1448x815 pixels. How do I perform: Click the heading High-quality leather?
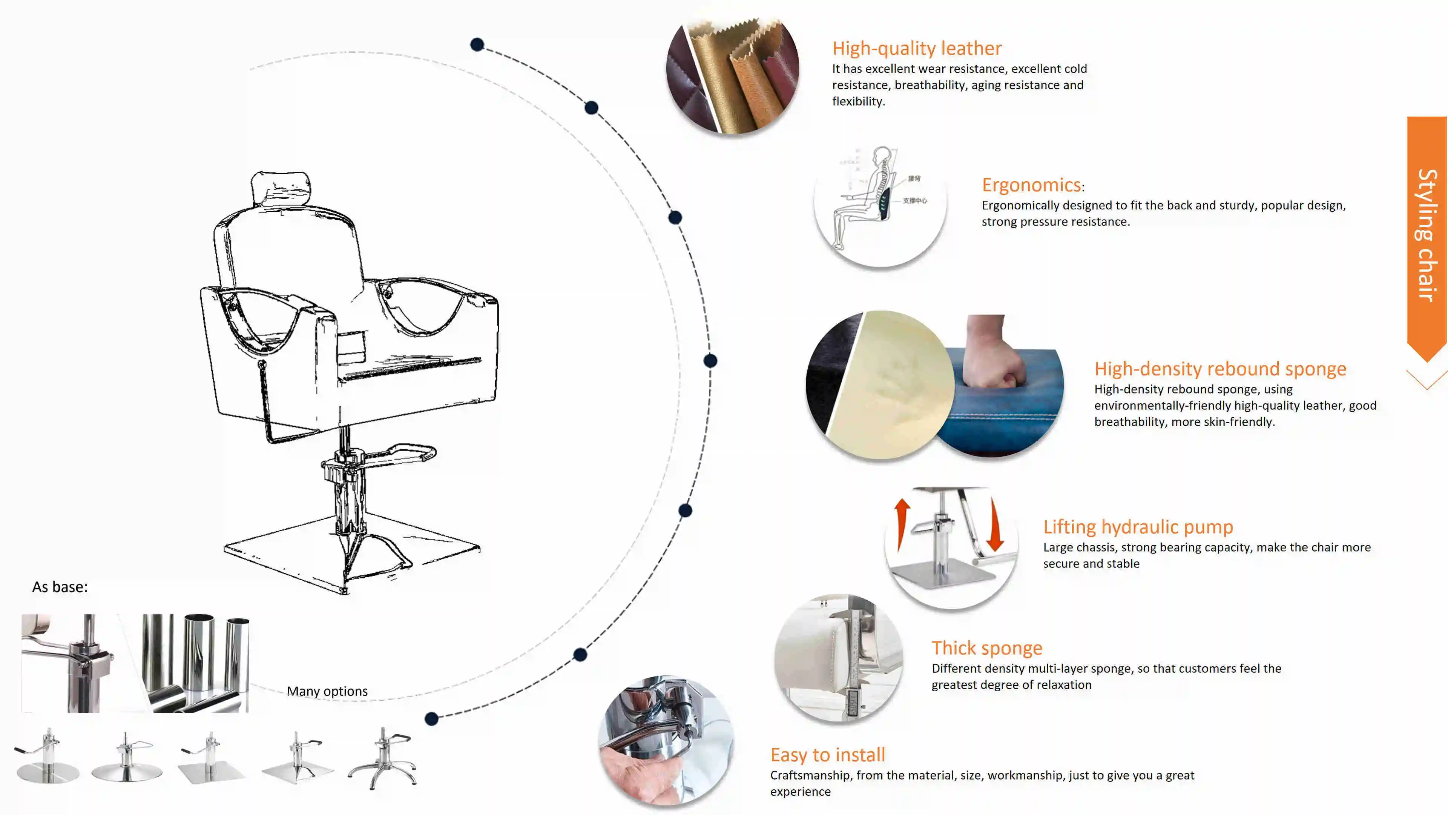[917, 48]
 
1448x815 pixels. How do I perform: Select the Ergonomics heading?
[1031, 185]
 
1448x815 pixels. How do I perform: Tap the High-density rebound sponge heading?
[1220, 369]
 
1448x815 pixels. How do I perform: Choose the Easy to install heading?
[827, 755]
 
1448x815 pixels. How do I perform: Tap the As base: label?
[60, 587]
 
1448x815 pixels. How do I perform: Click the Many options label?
[327, 691]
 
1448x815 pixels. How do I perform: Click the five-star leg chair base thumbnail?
[382, 758]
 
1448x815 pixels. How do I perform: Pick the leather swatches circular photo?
[732, 75]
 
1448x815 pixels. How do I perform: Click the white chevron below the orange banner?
[1427, 380]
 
